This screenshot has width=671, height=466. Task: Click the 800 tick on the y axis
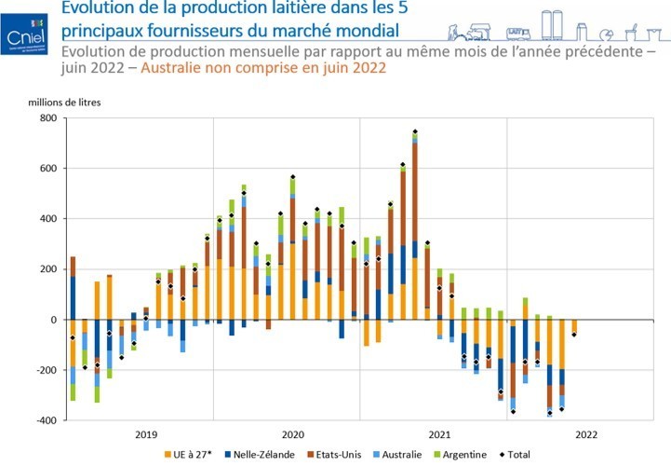(47, 118)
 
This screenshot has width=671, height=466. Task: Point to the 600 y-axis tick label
(47, 169)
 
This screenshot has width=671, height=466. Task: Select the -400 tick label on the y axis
(45, 420)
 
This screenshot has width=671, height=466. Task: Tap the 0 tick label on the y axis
(53, 320)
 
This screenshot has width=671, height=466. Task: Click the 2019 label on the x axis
(147, 434)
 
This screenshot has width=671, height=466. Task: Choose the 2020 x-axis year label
(293, 434)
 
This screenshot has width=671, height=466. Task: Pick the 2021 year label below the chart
(440, 434)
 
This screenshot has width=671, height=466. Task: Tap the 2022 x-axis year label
(586, 434)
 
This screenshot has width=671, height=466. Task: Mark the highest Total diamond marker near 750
(415, 131)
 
